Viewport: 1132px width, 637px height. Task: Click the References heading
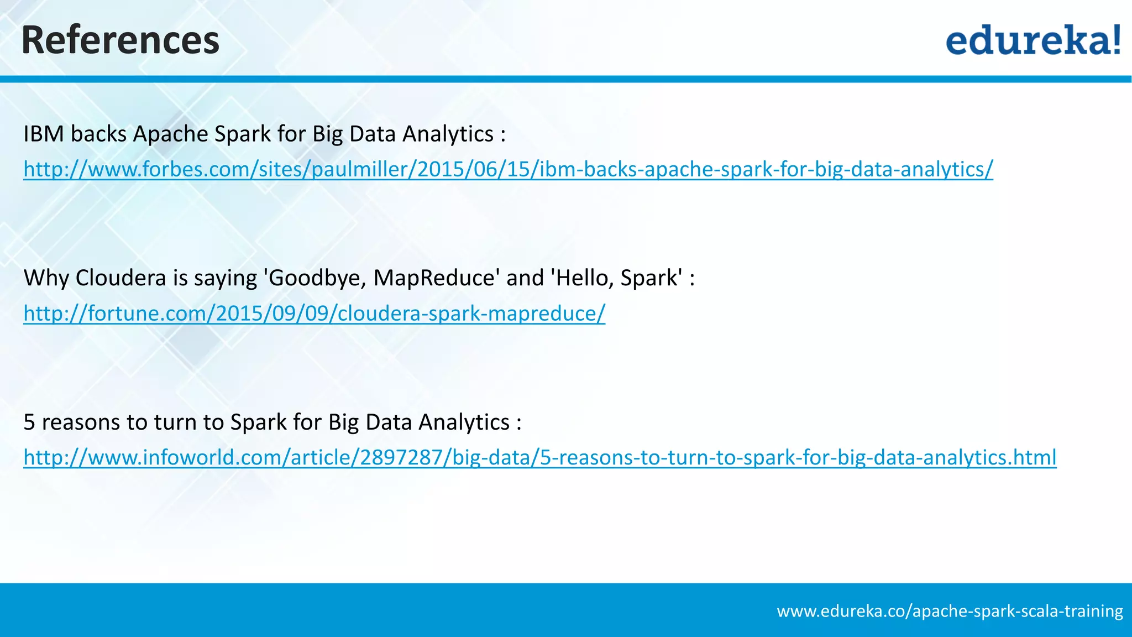coord(120,40)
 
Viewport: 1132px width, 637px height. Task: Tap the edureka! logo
coord(1033,40)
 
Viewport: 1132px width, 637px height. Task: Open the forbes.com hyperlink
coord(507,169)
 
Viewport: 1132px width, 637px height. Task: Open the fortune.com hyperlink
coord(314,314)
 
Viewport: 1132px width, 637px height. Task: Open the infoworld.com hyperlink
coord(539,458)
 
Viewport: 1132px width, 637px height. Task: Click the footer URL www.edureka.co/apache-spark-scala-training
coord(950,611)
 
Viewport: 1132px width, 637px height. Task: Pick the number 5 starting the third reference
coord(29,422)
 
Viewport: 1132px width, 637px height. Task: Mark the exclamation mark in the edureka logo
coord(1116,40)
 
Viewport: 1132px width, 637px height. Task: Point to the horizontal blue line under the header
coord(566,79)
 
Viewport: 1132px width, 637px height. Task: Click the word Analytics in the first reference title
coord(448,134)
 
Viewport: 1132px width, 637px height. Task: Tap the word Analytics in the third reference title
coord(463,422)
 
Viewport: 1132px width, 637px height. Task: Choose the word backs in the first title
coord(98,134)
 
